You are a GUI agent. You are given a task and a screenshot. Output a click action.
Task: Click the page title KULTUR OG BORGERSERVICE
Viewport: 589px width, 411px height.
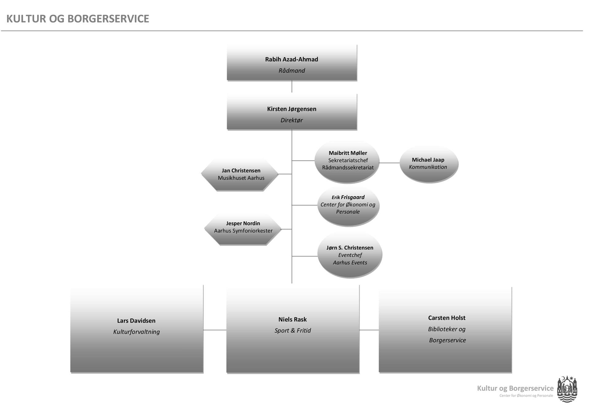point(78,19)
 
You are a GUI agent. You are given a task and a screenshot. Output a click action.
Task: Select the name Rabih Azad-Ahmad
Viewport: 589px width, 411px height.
point(291,59)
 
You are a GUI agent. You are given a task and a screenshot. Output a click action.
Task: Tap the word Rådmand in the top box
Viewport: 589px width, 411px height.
point(291,71)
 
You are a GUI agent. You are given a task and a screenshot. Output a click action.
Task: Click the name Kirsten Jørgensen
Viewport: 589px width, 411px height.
point(291,109)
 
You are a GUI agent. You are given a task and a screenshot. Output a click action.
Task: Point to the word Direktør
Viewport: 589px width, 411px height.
point(291,120)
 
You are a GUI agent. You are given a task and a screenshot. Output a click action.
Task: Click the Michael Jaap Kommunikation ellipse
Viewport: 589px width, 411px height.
point(428,164)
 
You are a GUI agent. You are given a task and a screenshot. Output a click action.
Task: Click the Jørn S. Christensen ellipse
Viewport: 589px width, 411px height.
point(350,255)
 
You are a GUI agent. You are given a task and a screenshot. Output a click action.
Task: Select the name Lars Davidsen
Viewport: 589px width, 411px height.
point(136,321)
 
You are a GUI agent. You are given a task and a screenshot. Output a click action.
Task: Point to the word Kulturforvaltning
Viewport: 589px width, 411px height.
point(136,332)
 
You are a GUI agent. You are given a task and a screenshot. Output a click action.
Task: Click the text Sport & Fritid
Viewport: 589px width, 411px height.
point(292,330)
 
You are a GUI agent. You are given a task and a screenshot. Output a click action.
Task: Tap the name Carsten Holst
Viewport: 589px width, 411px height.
point(447,318)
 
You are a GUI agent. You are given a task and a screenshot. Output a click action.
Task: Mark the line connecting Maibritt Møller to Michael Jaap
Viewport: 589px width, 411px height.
point(389,163)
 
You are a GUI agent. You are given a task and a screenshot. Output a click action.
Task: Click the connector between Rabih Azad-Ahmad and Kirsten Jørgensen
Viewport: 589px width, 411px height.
point(292,86)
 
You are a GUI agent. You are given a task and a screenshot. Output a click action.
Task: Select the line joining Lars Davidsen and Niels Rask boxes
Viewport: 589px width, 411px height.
point(215,330)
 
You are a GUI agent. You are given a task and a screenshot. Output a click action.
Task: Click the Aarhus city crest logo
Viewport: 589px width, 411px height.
point(567,389)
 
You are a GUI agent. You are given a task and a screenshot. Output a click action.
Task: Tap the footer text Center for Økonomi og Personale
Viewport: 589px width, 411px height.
point(526,396)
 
